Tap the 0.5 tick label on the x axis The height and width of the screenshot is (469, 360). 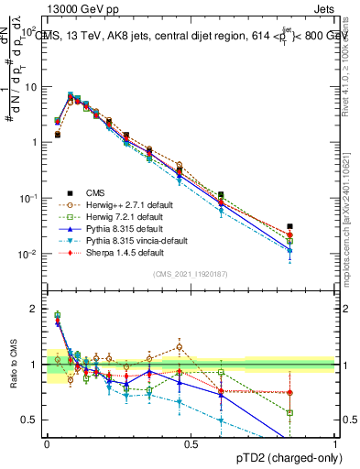click(x=191, y=442)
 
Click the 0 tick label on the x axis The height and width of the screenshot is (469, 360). click(x=47, y=442)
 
